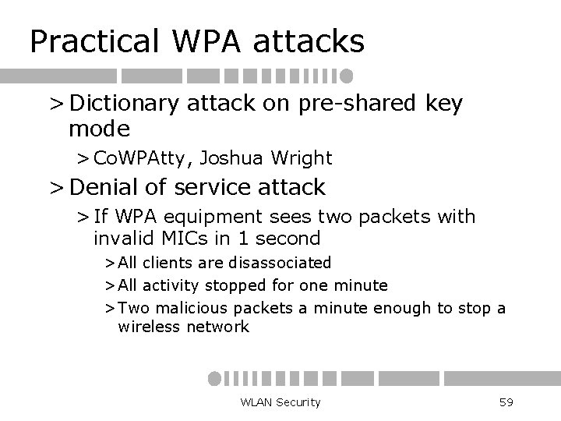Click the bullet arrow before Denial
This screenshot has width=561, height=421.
pyautogui.click(x=55, y=187)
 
